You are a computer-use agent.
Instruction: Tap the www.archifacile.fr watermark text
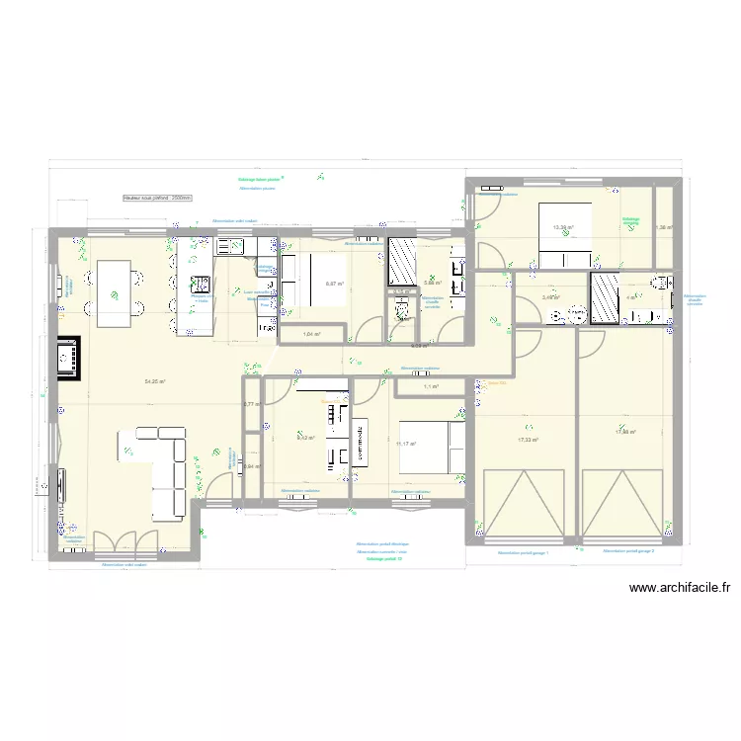tap(680, 589)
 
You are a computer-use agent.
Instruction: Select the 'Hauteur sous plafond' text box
tap(157, 198)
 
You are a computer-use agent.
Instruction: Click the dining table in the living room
tap(116, 293)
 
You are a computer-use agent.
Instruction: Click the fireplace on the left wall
tap(68, 358)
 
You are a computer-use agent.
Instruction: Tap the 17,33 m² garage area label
tap(528, 440)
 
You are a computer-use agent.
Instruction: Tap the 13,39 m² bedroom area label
tap(563, 227)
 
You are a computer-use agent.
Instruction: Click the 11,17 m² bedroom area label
tap(406, 444)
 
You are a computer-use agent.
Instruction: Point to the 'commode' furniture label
tap(362, 436)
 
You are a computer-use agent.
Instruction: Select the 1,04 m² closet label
tap(312, 335)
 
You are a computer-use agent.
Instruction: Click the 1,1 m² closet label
tap(431, 386)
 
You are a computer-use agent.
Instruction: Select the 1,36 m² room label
tap(664, 227)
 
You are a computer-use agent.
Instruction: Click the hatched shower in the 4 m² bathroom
tap(604, 297)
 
